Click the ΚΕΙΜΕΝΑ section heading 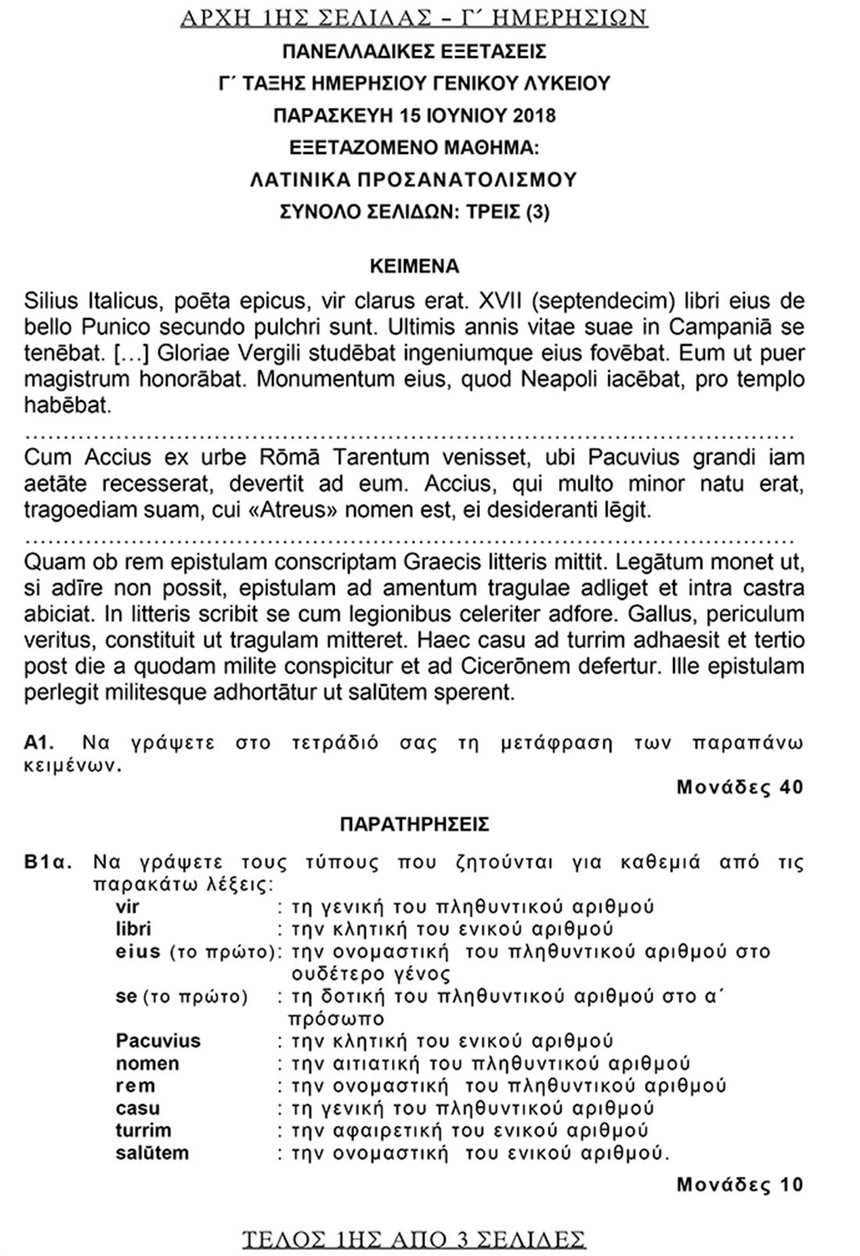(414, 266)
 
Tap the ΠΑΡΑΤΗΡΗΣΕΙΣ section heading (414, 824)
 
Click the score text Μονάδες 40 (740, 787)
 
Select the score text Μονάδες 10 (740, 1185)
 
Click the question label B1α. (48, 863)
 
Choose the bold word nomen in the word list (148, 1064)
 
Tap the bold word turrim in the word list (143, 1130)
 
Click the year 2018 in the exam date (535, 115)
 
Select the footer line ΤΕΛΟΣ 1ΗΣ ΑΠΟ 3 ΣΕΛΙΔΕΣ (414, 1240)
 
